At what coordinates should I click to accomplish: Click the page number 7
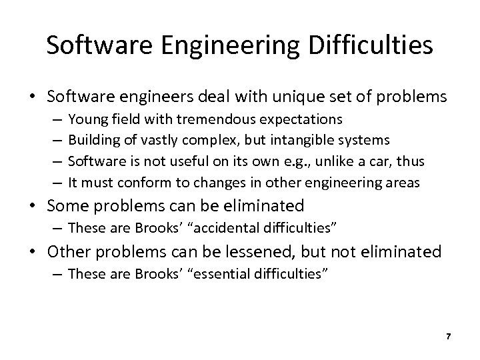(x=449, y=337)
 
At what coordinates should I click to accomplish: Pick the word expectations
(x=302, y=119)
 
